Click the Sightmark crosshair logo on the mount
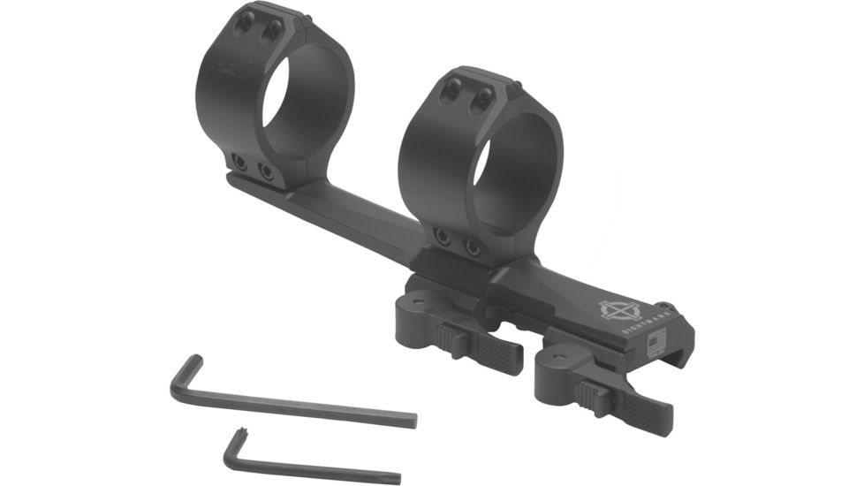click(618, 310)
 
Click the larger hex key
click(292, 403)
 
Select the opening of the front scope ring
click(507, 173)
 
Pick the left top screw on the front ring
click(453, 88)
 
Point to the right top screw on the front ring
click(481, 101)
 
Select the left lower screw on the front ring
click(441, 236)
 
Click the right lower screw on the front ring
click(472, 247)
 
